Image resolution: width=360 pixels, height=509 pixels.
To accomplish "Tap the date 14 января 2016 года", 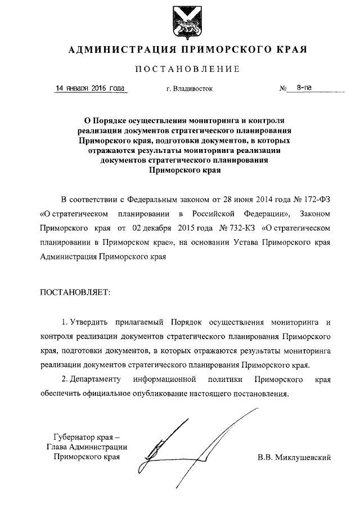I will (89, 89).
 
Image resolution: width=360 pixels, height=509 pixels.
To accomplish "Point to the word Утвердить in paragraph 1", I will (88, 322).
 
